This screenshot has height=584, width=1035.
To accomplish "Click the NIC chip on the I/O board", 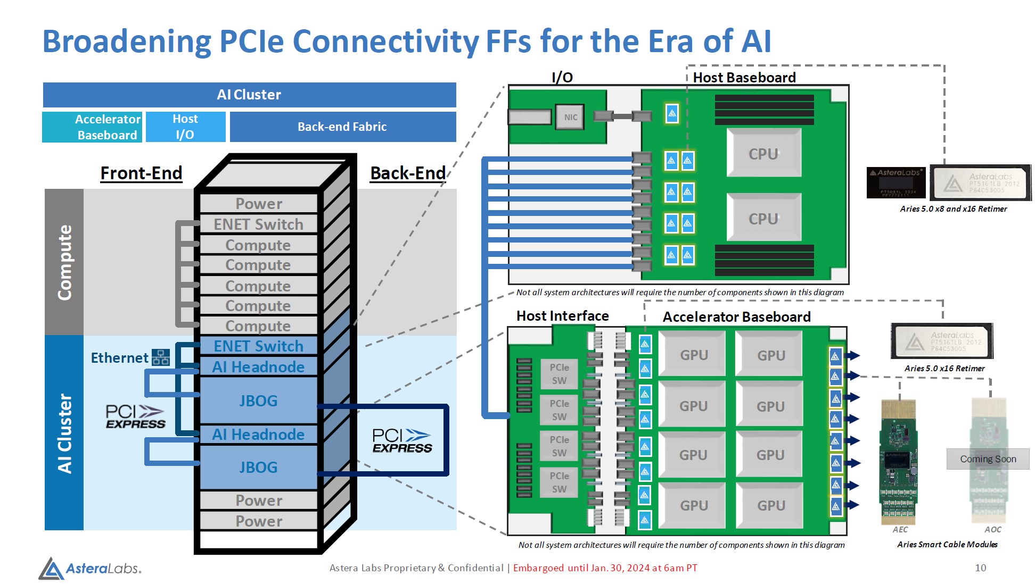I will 570,117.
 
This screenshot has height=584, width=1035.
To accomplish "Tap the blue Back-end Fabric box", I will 342,127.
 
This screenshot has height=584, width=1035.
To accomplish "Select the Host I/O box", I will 185,127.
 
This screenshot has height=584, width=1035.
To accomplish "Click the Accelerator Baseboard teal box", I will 92,127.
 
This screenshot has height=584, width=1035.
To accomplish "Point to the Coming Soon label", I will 988,459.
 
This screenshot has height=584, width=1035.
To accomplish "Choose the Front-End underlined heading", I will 141,173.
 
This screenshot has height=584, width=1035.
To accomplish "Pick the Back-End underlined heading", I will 408,173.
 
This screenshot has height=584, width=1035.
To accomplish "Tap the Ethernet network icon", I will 161,357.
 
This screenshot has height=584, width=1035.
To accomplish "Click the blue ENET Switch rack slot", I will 258,346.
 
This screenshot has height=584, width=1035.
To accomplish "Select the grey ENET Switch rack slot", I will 258,224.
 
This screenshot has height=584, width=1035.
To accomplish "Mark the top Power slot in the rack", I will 259,204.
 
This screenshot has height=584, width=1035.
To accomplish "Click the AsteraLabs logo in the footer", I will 90,568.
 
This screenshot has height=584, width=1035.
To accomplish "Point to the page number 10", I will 980,568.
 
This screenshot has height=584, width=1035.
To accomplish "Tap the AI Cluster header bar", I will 249,95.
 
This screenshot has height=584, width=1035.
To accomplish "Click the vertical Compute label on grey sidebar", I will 64,262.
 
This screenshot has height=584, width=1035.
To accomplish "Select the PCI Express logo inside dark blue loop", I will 402,441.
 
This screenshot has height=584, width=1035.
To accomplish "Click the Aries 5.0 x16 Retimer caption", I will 944,369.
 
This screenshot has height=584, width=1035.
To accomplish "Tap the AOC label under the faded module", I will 992,530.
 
